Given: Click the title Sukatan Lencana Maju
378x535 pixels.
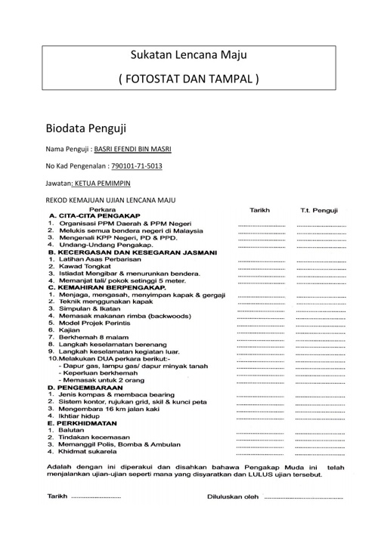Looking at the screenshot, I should pos(189,55).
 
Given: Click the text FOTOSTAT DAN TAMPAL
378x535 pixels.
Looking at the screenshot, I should pos(189,79).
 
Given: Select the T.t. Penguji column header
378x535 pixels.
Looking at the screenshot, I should pos(319,209).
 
